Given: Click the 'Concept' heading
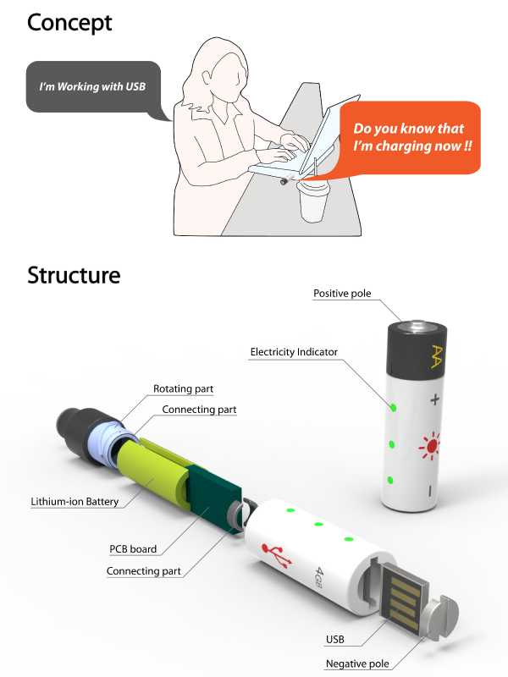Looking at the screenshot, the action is (x=69, y=23).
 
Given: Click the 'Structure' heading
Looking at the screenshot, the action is (x=74, y=275).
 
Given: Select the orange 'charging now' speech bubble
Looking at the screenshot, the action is (x=410, y=138).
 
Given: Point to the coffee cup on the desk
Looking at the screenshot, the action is (x=312, y=201).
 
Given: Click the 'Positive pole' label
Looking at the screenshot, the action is (x=342, y=293).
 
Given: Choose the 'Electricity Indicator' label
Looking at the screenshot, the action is (x=294, y=352).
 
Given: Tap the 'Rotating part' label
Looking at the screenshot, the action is (x=183, y=388).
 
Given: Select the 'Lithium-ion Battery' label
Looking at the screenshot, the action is (x=75, y=501).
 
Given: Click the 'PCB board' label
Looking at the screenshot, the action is (x=133, y=548).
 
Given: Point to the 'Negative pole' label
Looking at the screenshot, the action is (x=357, y=663).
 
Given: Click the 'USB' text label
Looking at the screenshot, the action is (x=335, y=640).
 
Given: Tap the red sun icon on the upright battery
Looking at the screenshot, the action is (x=430, y=446).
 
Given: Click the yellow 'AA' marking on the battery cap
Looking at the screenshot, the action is (x=437, y=356).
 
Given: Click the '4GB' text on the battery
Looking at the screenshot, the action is (x=320, y=578).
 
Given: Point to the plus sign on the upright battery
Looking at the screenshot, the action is (x=435, y=399).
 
